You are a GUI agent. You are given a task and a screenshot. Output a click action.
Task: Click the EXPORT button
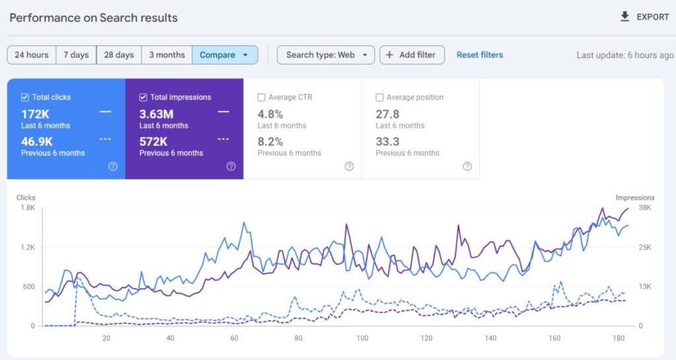[x=645, y=17]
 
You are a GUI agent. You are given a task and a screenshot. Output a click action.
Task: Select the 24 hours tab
[x=32, y=55]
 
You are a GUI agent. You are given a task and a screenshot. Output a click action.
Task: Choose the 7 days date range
[x=76, y=55]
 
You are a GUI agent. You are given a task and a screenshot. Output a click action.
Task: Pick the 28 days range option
[x=119, y=55]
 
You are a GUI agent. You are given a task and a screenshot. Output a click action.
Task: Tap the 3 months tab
[x=167, y=55]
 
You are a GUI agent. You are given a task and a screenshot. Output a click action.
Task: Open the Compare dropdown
[x=224, y=55]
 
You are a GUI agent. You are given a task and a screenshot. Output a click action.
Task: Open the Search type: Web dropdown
[x=325, y=55]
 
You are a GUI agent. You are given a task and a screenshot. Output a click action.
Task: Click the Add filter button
[x=411, y=55]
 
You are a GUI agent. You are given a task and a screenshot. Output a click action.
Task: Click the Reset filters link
[x=479, y=55]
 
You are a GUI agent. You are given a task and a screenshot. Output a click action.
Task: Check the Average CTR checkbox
[x=261, y=98]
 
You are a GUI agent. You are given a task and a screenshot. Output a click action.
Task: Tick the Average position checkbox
[x=380, y=98]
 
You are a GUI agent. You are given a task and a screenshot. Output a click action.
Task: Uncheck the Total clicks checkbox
[x=25, y=98]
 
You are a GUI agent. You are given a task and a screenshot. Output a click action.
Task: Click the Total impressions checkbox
[x=143, y=98]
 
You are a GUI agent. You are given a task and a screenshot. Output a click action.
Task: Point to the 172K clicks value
[x=35, y=114]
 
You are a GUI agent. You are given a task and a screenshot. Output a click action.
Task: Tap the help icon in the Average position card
[x=467, y=166]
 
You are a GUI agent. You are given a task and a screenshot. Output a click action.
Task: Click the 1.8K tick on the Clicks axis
[x=27, y=207]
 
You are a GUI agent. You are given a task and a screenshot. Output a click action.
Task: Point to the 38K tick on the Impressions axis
[x=644, y=207]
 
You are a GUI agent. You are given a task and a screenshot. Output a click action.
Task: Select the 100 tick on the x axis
[x=362, y=338]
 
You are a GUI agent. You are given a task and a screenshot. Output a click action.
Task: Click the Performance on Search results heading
[x=93, y=18]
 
